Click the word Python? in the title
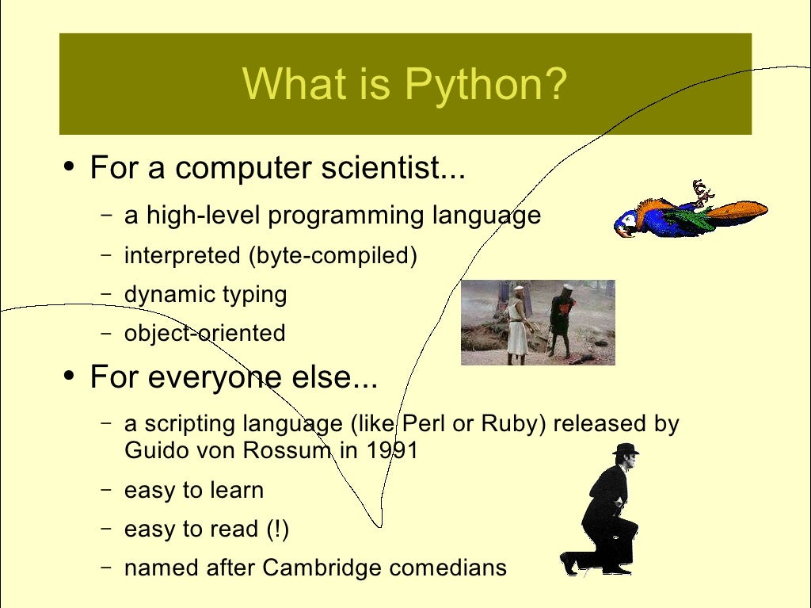(486, 85)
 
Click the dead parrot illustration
(689, 212)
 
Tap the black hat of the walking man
(626, 449)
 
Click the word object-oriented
(204, 333)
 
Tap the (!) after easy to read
(277, 529)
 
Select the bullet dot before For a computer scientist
(70, 167)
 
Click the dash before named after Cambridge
(106, 568)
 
